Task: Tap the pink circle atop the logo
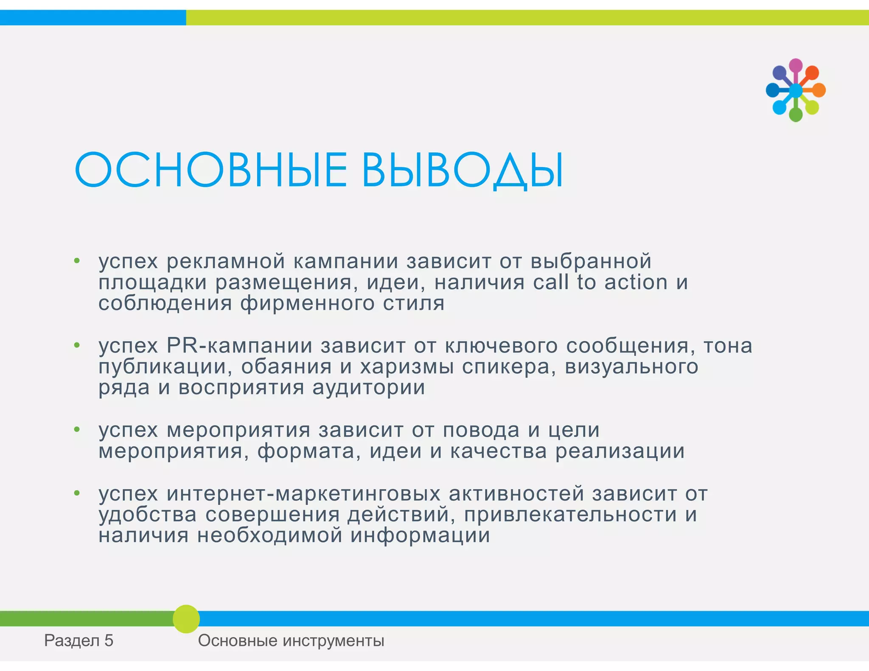point(796,65)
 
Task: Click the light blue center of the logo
point(796,90)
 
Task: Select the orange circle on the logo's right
point(819,90)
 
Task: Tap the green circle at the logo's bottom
point(796,115)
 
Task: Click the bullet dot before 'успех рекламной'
point(77,261)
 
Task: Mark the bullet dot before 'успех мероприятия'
point(77,430)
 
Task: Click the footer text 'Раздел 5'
point(79,640)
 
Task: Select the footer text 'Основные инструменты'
point(291,640)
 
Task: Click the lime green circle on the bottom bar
point(186,619)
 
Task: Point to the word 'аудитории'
point(368,388)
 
